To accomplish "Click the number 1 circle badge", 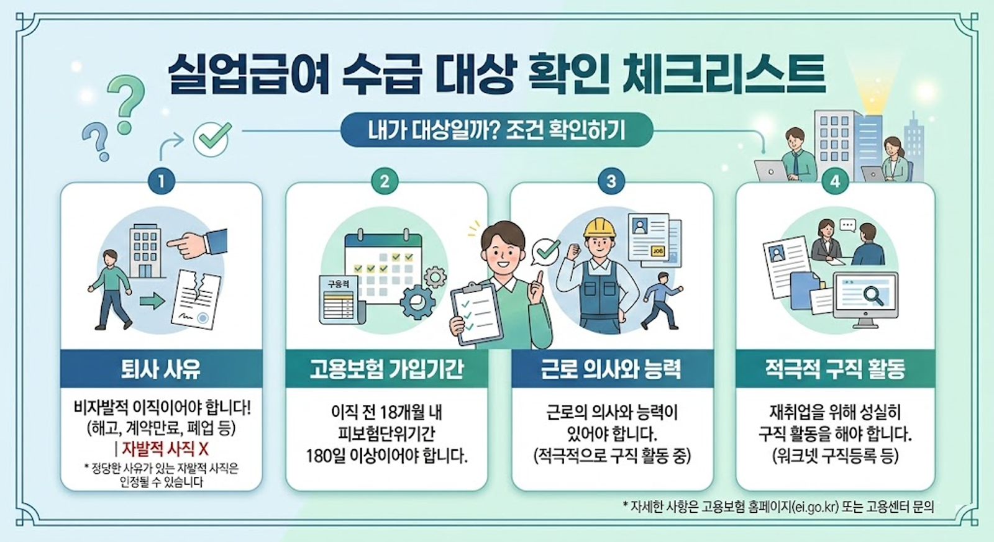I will point(162,181).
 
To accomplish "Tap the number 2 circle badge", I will point(385,181).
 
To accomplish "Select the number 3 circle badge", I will point(611,181).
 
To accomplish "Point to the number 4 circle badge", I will point(835,181).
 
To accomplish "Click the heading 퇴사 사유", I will point(161,369).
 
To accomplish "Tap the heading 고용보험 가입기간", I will point(386,369).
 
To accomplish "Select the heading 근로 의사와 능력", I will point(611,369).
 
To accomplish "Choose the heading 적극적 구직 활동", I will point(835,369).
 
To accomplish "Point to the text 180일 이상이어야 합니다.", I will point(386,456).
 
